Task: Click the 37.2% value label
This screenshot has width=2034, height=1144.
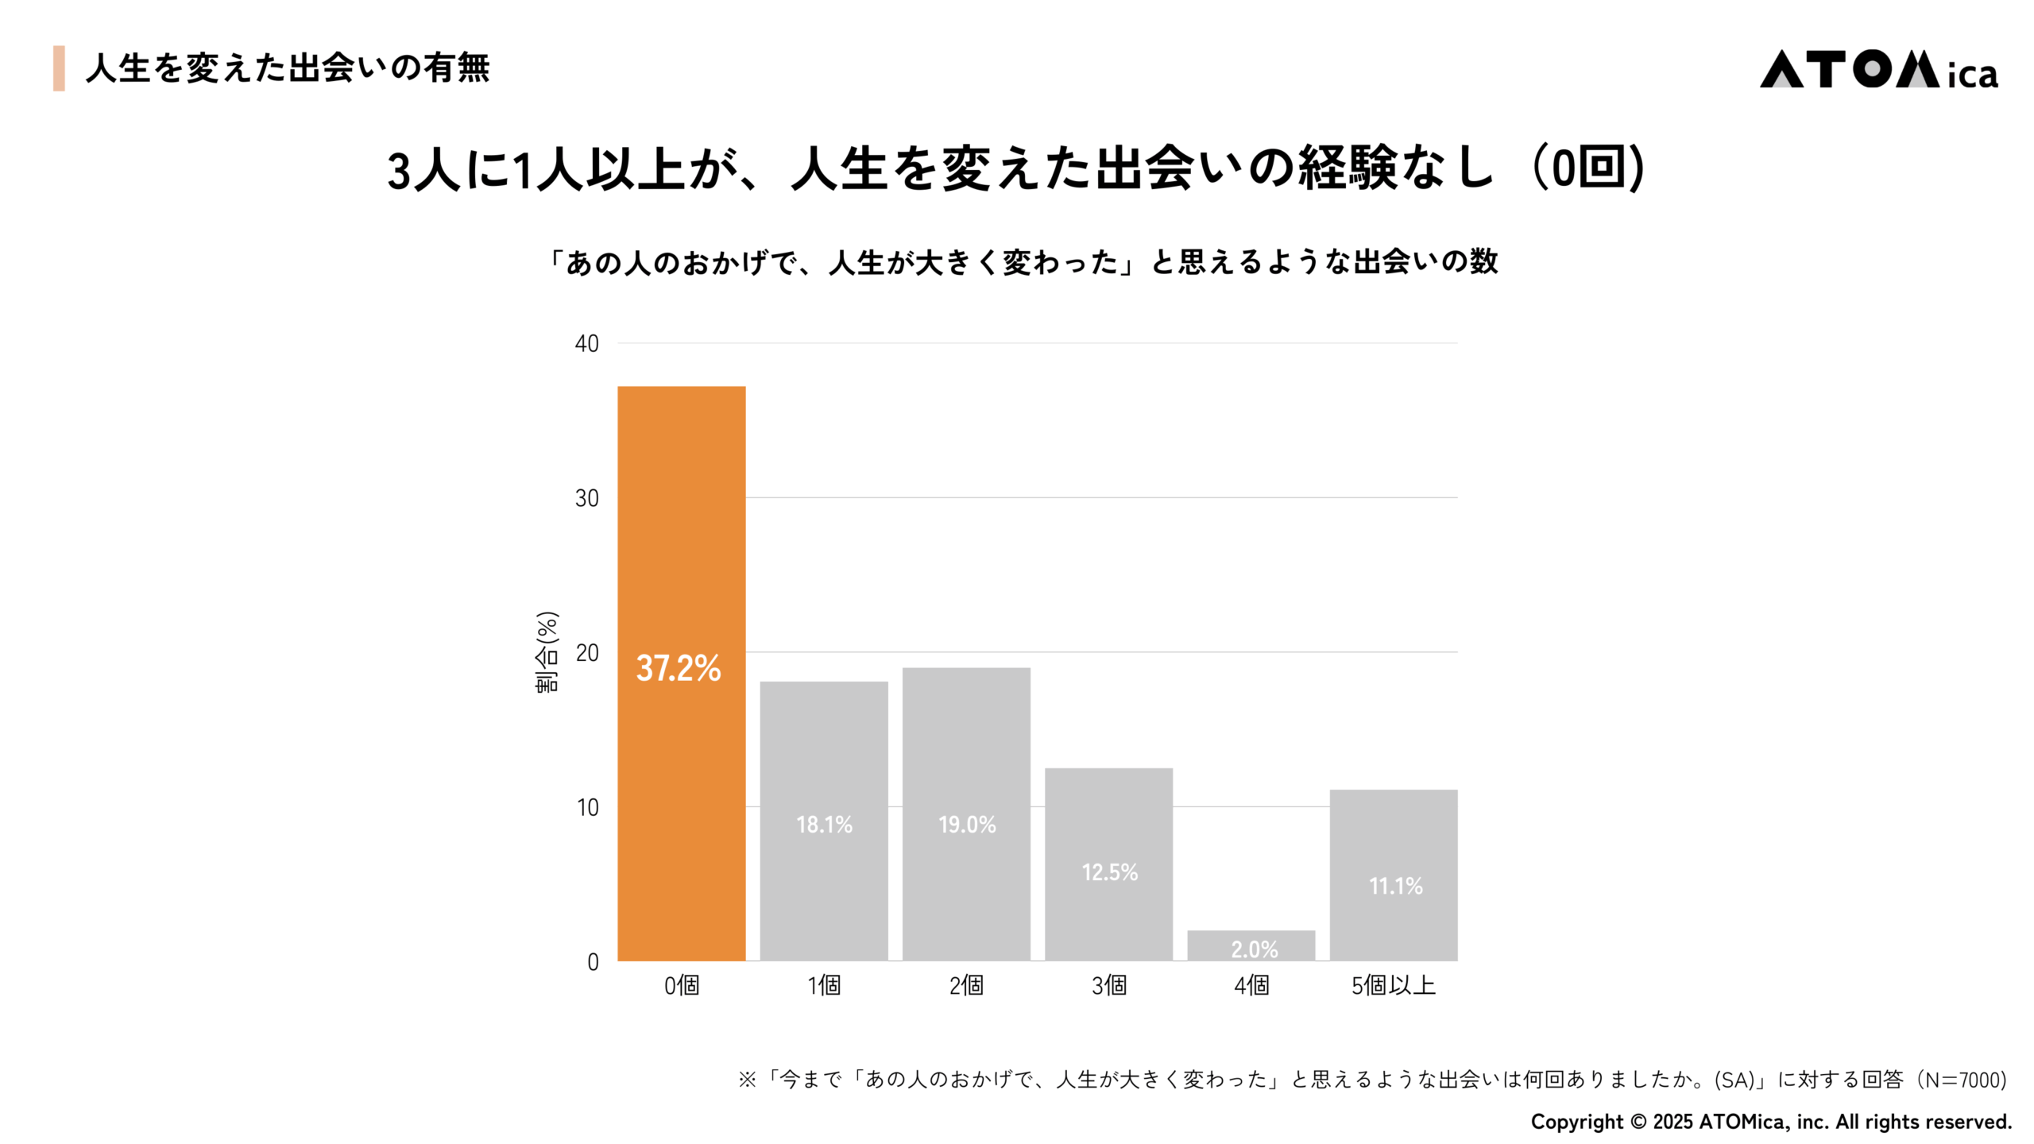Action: [x=679, y=668]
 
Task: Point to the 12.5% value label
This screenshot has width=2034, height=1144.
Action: [x=1109, y=872]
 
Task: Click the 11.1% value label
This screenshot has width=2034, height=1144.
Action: [x=1395, y=886]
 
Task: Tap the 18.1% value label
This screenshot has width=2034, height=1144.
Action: [x=824, y=825]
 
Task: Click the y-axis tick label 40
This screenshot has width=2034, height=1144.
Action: [x=586, y=344]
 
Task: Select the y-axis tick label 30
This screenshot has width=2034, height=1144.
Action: [x=586, y=499]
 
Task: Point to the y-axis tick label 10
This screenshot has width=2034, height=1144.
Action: [x=587, y=808]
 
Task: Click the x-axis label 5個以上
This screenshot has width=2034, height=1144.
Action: [x=1394, y=986]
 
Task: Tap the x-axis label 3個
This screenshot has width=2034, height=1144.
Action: [x=1109, y=986]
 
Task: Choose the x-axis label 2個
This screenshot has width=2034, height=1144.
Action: [x=966, y=986]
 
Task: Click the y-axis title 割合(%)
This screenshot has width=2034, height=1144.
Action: [x=547, y=652]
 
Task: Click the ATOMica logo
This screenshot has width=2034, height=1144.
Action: [x=1878, y=70]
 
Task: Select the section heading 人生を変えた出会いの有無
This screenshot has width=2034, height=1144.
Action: [x=288, y=68]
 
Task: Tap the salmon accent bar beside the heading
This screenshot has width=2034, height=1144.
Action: [x=59, y=68]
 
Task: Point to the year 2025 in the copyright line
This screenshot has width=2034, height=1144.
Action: [x=1672, y=1122]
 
